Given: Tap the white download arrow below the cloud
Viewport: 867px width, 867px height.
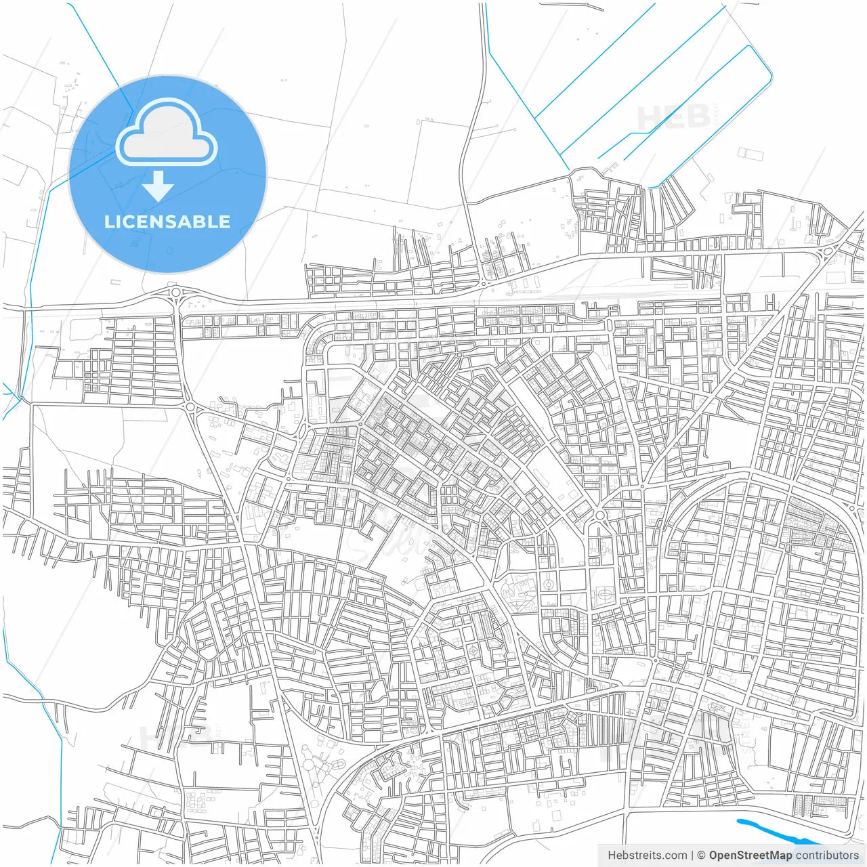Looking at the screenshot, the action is (158, 185).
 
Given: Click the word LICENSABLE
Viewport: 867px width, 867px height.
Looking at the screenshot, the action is (167, 221).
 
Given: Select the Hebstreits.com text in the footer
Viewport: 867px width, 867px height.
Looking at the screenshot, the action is (647, 855).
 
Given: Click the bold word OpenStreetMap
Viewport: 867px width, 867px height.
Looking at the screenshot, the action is (750, 855).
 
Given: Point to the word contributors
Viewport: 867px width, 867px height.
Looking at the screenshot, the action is (826, 855).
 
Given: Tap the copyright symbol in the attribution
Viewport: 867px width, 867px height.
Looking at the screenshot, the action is (701, 855).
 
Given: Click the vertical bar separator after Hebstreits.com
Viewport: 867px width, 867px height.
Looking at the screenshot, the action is (692, 855).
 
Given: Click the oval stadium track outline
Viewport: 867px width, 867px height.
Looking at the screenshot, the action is (602, 596).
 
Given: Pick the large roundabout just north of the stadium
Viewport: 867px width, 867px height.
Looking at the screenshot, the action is (599, 517).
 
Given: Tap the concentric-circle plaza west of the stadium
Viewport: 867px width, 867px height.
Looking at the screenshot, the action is (548, 584).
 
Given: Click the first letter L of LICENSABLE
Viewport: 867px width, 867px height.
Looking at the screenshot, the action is (109, 221).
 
